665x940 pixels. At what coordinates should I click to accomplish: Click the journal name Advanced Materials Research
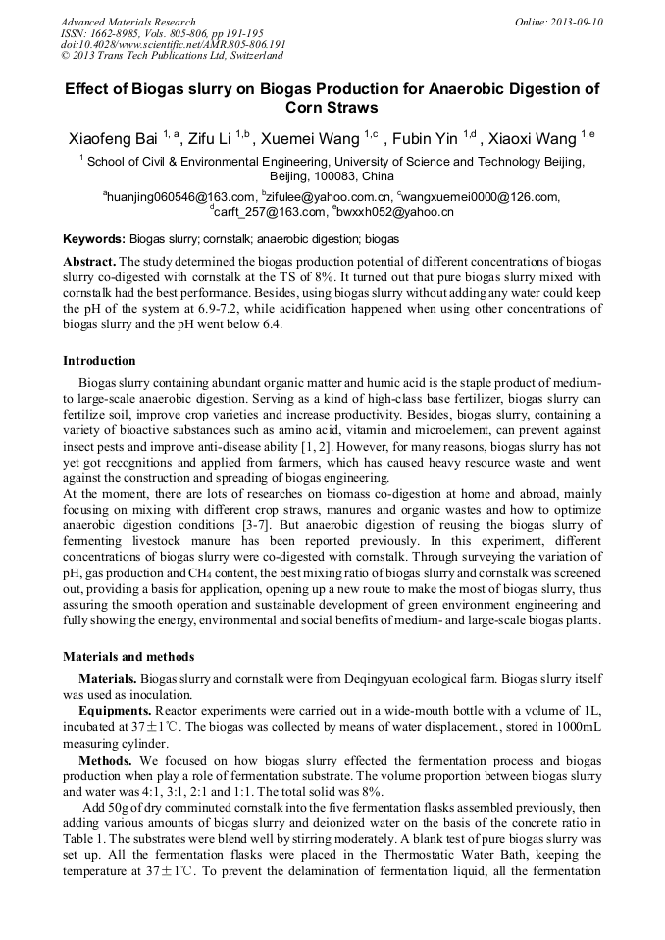128,22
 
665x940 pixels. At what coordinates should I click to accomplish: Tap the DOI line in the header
173,44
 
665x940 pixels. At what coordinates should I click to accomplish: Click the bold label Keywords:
94,239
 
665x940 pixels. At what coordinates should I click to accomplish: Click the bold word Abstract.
89,262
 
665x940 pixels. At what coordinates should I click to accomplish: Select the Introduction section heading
99,361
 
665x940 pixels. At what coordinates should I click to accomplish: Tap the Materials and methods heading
128,656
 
